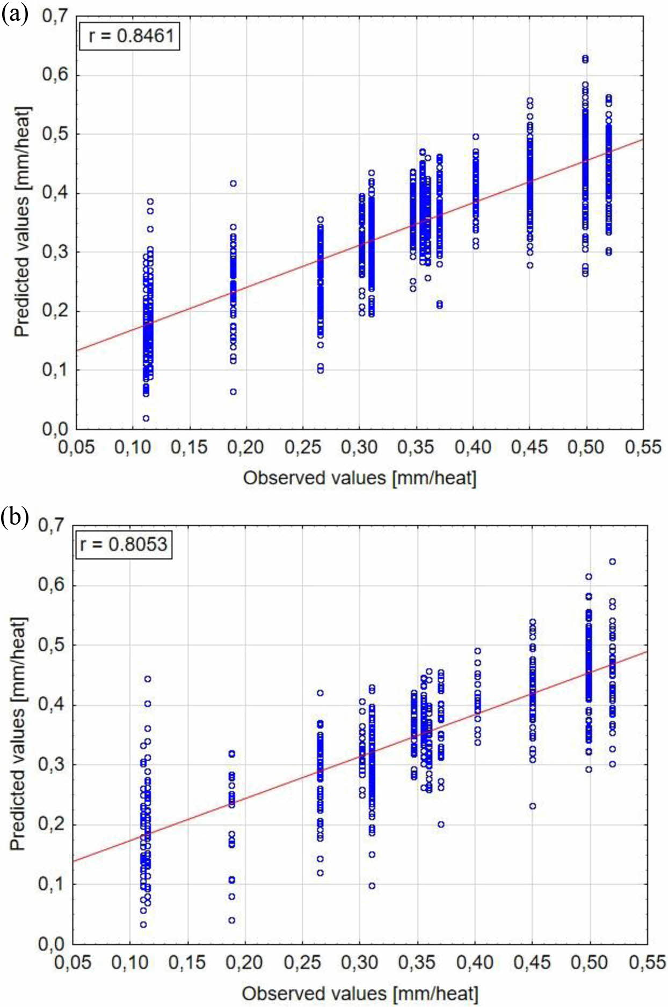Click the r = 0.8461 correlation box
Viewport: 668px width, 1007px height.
[129, 36]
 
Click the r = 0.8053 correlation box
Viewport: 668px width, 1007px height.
[124, 544]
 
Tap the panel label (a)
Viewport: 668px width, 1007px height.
[14, 13]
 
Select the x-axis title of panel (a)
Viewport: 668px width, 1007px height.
[359, 477]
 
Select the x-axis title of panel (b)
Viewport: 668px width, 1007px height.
[359, 993]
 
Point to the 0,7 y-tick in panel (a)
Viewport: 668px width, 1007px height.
[55, 16]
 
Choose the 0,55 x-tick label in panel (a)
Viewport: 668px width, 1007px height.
[643, 447]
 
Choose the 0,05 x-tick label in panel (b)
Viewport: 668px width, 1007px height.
[73, 962]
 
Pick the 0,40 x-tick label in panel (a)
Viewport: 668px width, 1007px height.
[473, 447]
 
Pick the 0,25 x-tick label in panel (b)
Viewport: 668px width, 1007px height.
[302, 962]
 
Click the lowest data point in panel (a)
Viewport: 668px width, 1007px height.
[146, 418]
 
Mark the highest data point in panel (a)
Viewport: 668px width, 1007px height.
[585, 58]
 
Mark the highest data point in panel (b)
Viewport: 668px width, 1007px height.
[612, 562]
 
